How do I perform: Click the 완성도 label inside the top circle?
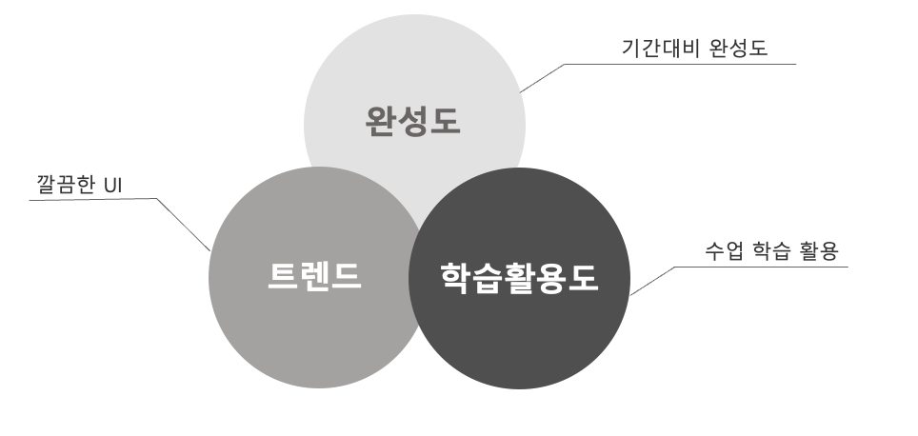(x=412, y=121)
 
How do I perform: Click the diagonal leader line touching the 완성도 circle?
(x=542, y=78)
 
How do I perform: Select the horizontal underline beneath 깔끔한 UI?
(x=86, y=199)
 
